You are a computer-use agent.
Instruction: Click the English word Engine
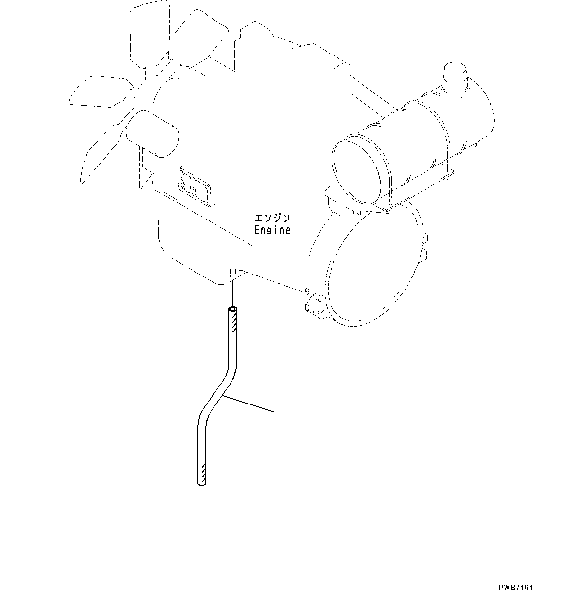[272, 230]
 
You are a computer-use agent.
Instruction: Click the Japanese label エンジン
[272, 217]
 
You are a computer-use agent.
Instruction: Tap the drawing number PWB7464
[515, 588]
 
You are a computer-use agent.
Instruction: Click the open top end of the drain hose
[233, 309]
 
